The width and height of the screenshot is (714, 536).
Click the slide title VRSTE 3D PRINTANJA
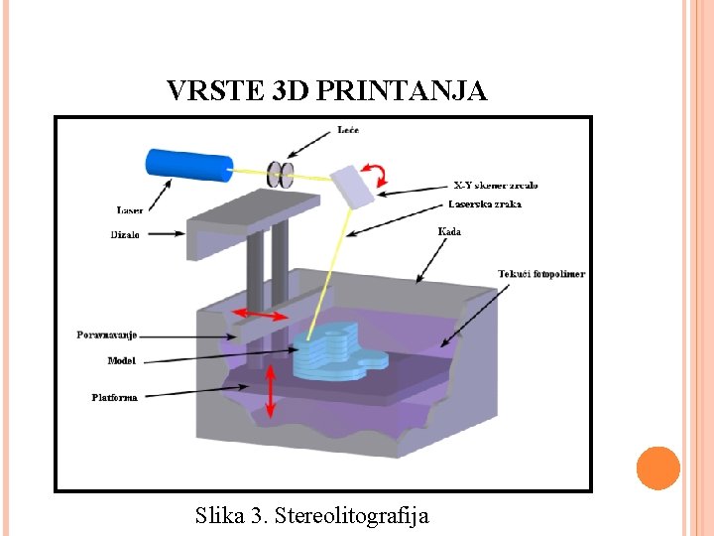(x=327, y=91)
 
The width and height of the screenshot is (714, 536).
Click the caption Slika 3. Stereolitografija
(x=312, y=515)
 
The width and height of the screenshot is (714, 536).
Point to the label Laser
(x=130, y=209)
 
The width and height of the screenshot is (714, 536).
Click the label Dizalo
(x=124, y=235)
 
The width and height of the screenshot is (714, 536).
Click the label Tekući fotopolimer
(x=541, y=273)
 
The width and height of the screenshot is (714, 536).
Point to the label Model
(x=122, y=360)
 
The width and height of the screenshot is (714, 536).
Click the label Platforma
(x=114, y=397)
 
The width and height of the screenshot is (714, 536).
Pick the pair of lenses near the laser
(x=282, y=174)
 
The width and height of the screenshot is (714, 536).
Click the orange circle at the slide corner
(x=657, y=468)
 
